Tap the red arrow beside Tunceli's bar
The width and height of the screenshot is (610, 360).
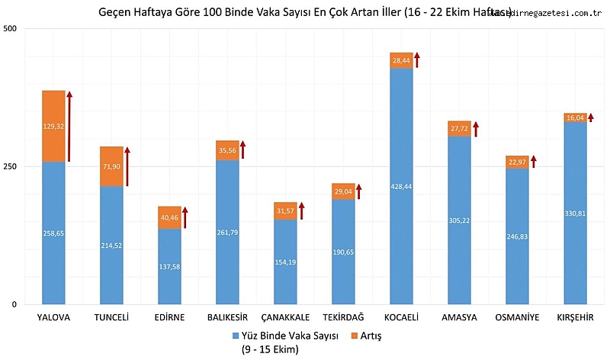(x=127, y=166)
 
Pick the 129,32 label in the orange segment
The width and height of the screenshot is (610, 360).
(x=53, y=126)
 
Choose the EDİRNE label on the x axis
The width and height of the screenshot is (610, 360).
(x=169, y=317)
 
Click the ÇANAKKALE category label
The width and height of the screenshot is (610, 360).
(x=285, y=317)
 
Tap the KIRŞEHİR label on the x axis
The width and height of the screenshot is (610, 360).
(x=575, y=317)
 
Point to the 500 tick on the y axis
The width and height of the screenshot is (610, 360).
(x=11, y=29)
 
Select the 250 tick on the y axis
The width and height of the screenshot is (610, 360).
(x=11, y=166)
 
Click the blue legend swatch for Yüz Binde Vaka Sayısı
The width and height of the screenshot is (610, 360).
(x=235, y=336)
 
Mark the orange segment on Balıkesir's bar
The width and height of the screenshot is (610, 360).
(x=227, y=150)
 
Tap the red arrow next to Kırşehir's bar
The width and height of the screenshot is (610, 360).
(x=591, y=117)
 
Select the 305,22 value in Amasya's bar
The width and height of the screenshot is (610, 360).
(x=459, y=220)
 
